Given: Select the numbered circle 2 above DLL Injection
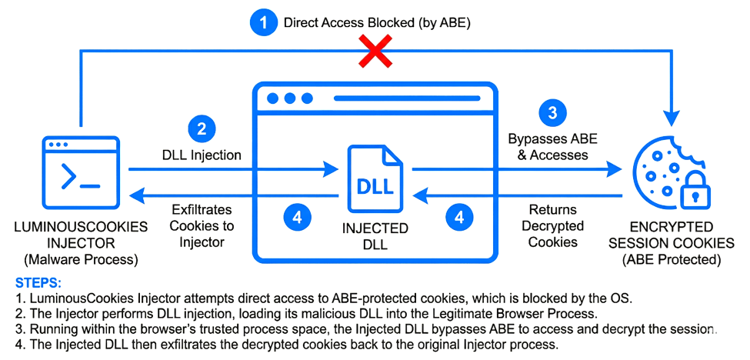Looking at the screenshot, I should coord(201,128).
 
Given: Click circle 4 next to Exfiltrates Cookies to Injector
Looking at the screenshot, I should coord(297,218).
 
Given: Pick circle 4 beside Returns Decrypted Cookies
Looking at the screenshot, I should coord(459,218).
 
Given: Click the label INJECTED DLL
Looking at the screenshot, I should coord(375,237).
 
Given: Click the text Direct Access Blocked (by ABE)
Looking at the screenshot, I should coord(377,23).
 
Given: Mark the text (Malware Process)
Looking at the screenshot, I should coord(80,259).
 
